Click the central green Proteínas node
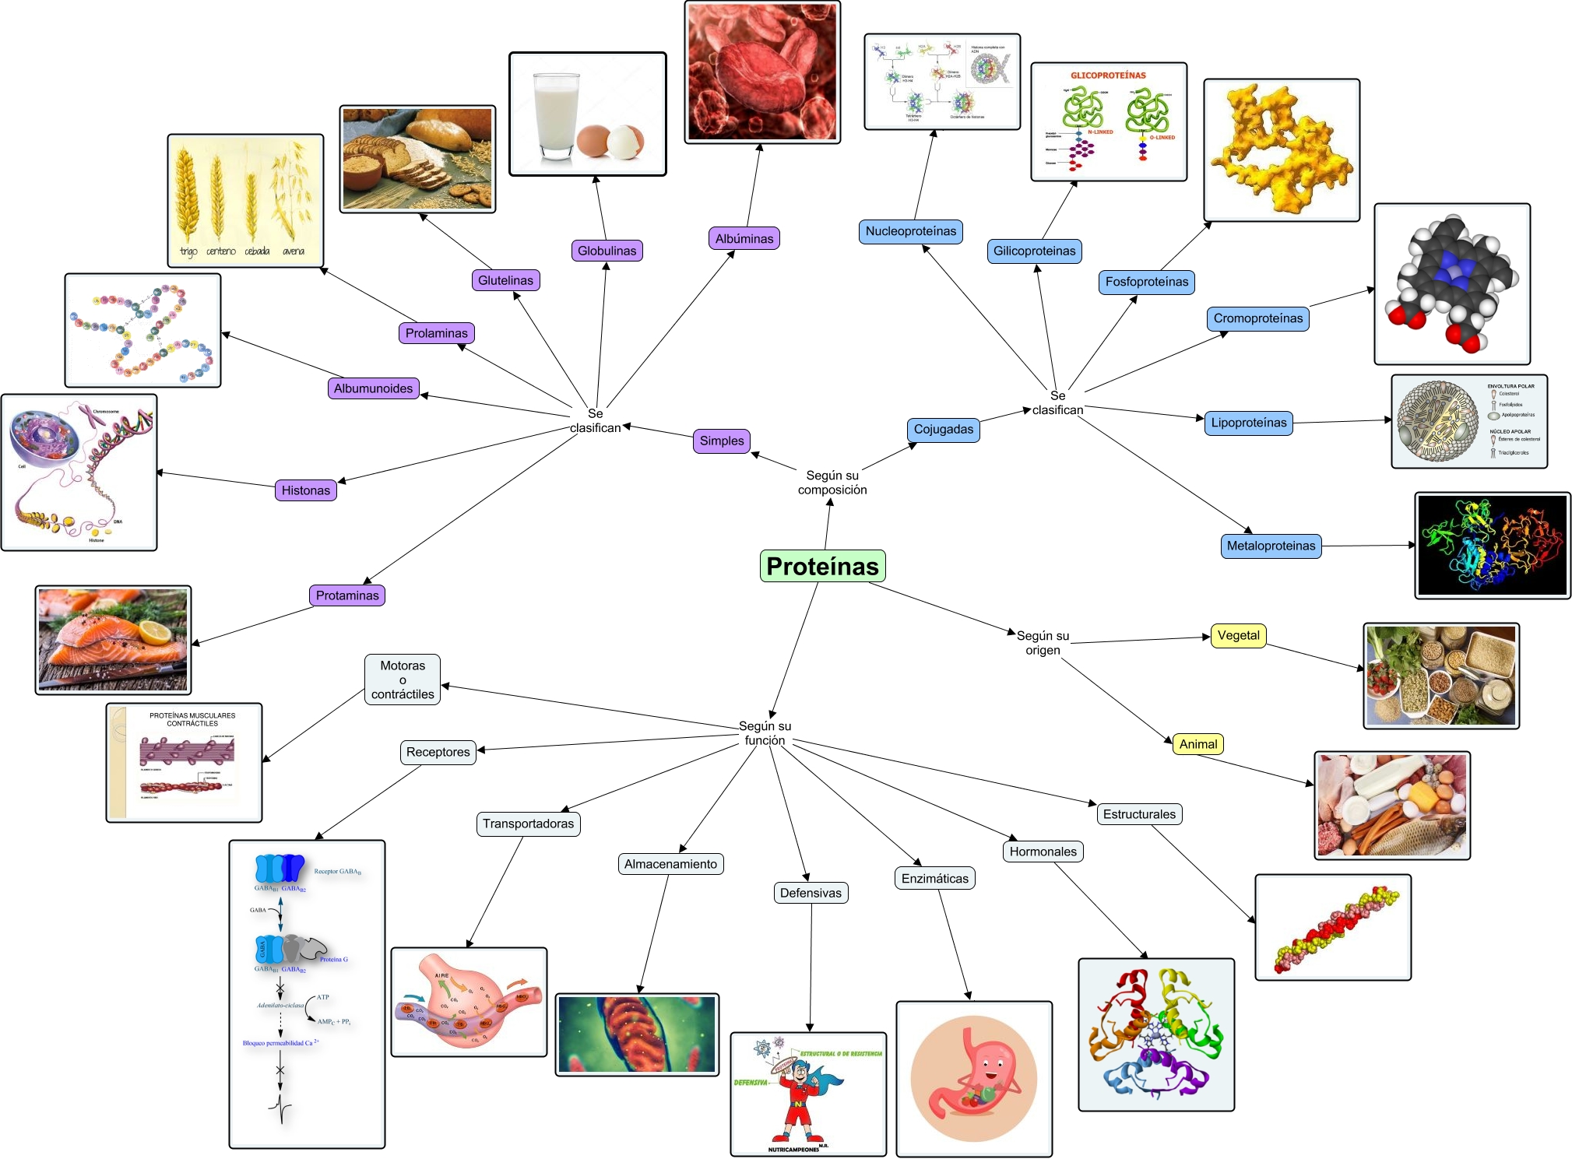822,566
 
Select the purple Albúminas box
744,238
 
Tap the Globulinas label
607,251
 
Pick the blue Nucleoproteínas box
910,231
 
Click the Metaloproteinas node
1271,546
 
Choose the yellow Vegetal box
1238,635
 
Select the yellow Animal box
1197,744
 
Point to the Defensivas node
811,893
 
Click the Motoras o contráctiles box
403,680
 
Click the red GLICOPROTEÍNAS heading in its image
1108,76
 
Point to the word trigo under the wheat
188,251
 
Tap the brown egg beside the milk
593,140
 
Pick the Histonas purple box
305,490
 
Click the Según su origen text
1043,643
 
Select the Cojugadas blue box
943,429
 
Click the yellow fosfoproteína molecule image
1281,149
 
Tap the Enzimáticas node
934,879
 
